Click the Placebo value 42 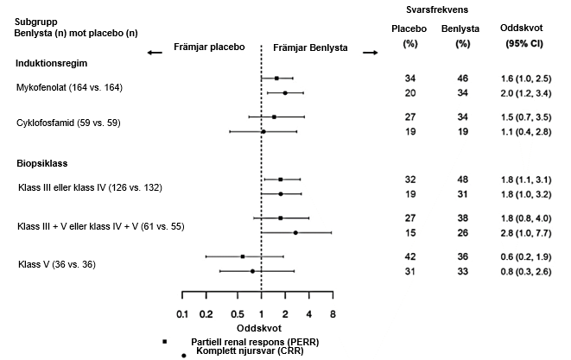409,256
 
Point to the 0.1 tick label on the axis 181,314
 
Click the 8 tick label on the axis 332,314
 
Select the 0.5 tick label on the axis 238,314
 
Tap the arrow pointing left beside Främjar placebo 155,53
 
